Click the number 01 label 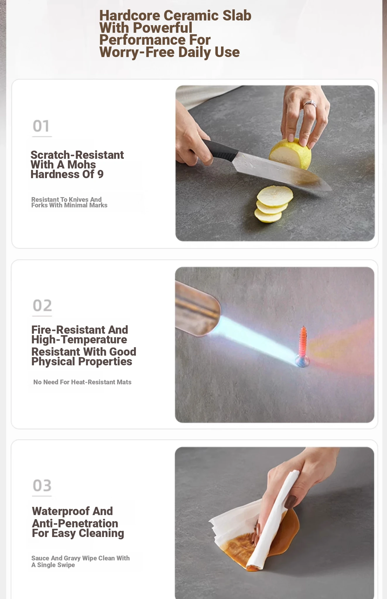tap(41, 126)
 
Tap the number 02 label tap(42, 306)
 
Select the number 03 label tap(42, 486)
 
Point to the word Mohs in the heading tap(81, 165)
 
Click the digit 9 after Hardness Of tap(100, 174)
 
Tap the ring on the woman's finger tap(310, 104)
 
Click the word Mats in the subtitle tap(124, 382)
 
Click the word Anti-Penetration tap(75, 524)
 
